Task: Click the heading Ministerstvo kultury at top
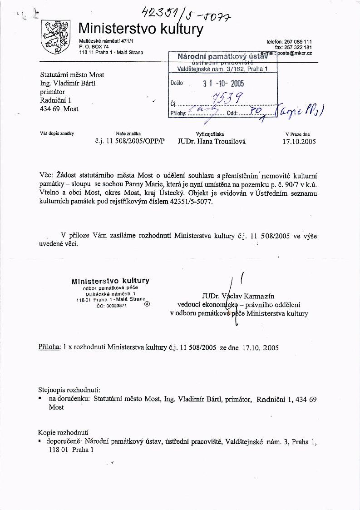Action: point(141,29)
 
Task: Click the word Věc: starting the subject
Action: point(46,175)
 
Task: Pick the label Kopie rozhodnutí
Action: point(63,432)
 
